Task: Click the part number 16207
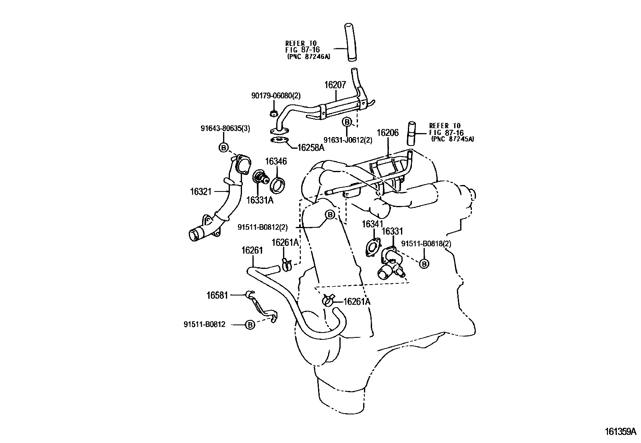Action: click(x=335, y=85)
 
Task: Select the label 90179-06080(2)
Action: click(x=276, y=96)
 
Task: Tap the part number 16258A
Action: click(x=311, y=148)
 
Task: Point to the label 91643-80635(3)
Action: click(x=225, y=128)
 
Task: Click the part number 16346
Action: click(x=276, y=161)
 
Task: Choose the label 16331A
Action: click(x=260, y=200)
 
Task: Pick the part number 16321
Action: click(x=201, y=191)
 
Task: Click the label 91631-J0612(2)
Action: click(x=348, y=140)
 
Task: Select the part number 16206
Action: click(x=387, y=133)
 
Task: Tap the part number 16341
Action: click(x=372, y=224)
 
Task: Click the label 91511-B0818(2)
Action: click(x=426, y=243)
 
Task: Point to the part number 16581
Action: click(x=217, y=295)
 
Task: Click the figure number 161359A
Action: click(x=620, y=432)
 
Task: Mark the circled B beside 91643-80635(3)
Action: click(x=223, y=148)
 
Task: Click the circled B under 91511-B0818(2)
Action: click(x=424, y=264)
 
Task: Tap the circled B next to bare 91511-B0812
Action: click(x=250, y=324)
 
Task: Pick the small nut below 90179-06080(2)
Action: click(x=274, y=113)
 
